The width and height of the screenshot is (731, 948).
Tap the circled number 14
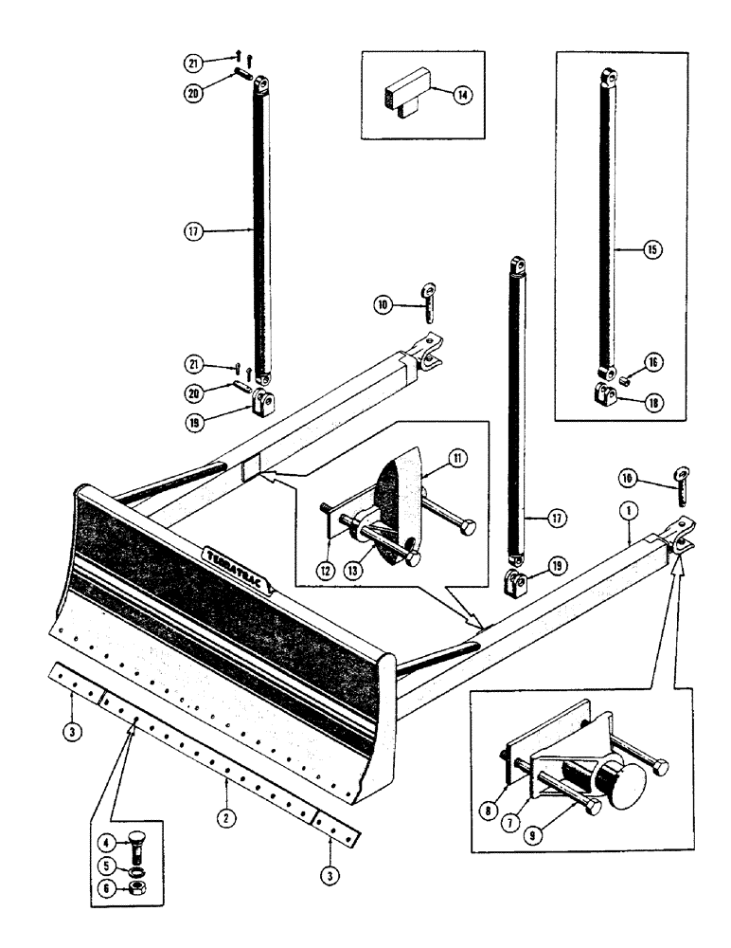point(460,95)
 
